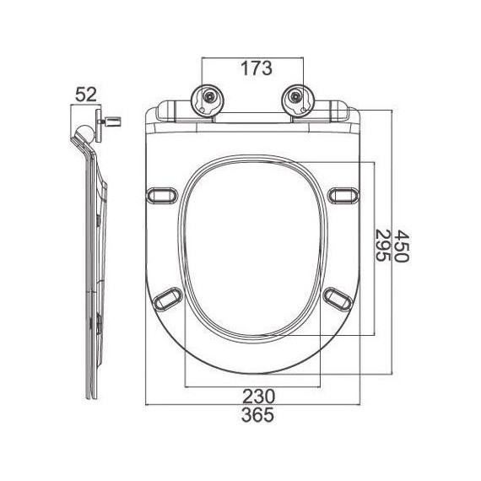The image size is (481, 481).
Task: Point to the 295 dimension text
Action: pyautogui.click(x=381, y=246)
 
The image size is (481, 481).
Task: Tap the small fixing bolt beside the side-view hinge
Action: pyautogui.click(x=109, y=125)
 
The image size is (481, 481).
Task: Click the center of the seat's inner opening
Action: pyautogui.click(x=251, y=246)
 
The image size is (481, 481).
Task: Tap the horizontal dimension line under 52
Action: pyautogui.click(x=87, y=105)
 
